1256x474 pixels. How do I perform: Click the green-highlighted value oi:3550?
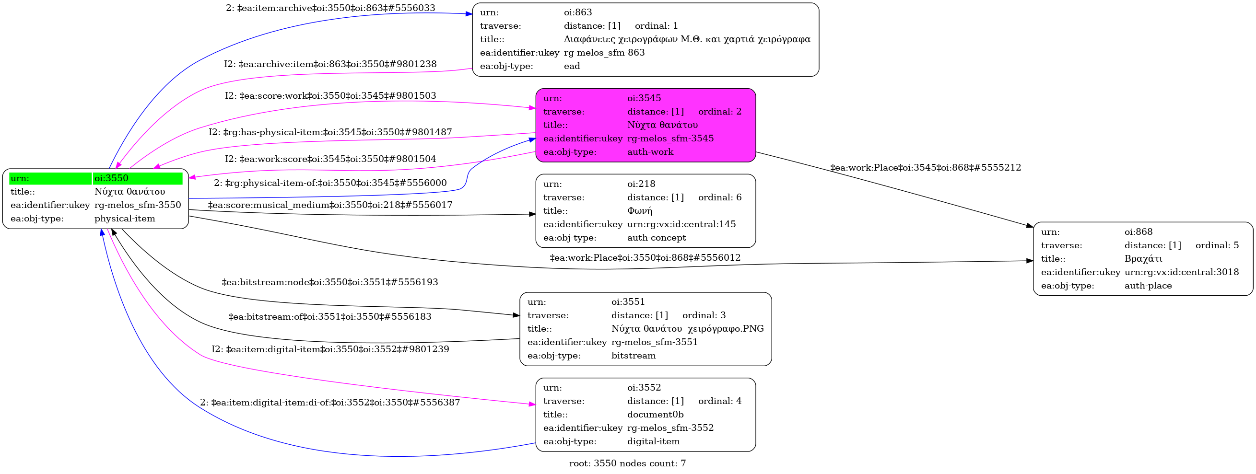coord(111,178)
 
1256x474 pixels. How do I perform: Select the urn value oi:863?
coord(578,12)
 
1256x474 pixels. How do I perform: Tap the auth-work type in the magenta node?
coord(650,152)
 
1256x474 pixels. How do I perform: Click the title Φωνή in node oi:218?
coord(640,211)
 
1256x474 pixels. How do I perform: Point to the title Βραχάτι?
coord(1143,259)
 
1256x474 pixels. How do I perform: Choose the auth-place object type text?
coord(1148,286)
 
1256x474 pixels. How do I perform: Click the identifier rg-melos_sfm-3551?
coord(654,342)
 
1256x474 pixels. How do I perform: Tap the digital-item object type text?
coord(653,441)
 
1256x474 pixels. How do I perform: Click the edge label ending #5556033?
coord(330,8)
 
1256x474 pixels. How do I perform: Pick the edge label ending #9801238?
coord(330,64)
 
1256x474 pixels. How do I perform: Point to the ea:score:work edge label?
coord(330,96)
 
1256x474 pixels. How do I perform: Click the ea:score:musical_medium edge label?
coord(330,205)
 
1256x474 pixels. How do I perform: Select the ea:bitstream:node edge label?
coord(329,283)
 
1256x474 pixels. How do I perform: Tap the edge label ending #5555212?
coord(926,168)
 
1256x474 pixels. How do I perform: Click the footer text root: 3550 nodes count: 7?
coord(627,463)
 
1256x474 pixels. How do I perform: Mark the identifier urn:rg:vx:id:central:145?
coord(681,225)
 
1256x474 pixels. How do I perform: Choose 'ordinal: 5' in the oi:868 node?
coord(1217,245)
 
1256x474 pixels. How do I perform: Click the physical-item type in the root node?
coord(125,219)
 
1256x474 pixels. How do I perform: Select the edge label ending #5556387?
coord(329,403)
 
